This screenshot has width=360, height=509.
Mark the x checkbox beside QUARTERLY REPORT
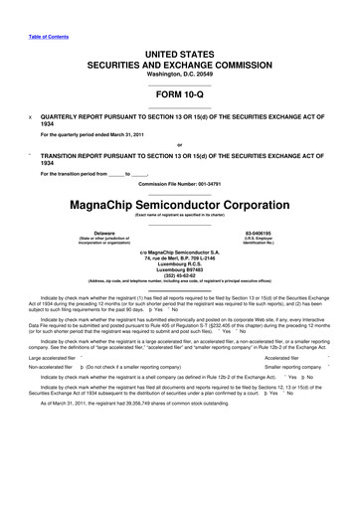[x=32, y=115]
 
